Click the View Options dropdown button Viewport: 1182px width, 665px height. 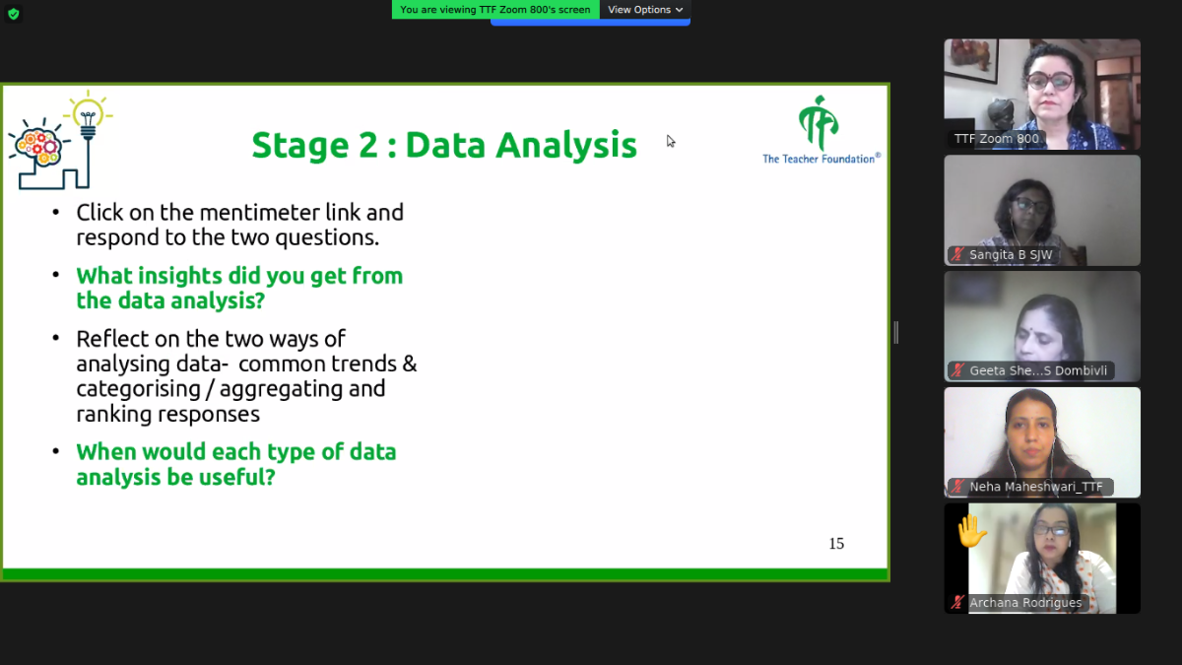pyautogui.click(x=645, y=10)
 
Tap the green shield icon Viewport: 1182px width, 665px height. pyautogui.click(x=14, y=14)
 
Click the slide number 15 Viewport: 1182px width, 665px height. pyautogui.click(x=836, y=544)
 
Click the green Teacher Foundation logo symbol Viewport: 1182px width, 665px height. pyautogui.click(x=818, y=123)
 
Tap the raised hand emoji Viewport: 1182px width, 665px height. pyautogui.click(x=971, y=531)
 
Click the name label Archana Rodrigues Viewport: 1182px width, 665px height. pyautogui.click(x=1025, y=603)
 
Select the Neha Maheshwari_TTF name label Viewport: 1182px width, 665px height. pyautogui.click(x=1036, y=487)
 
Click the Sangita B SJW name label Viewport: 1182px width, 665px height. pyautogui.click(x=1011, y=255)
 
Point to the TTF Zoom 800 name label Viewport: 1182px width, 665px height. pyautogui.click(x=996, y=139)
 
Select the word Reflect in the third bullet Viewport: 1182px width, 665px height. pyautogui.click(x=112, y=339)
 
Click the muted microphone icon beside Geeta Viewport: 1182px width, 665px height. pyautogui.click(x=957, y=370)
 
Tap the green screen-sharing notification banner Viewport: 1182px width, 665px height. pyautogui.click(x=495, y=10)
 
